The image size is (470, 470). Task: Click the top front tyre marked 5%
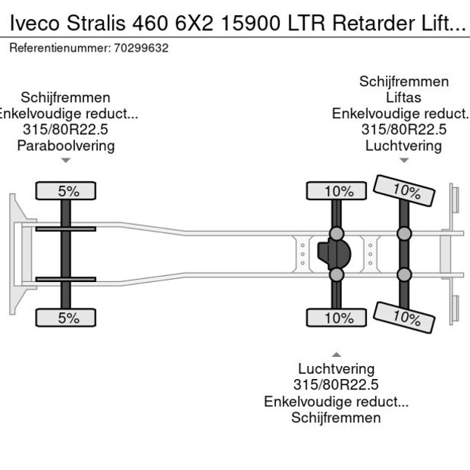point(68,191)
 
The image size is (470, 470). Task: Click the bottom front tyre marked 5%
point(68,318)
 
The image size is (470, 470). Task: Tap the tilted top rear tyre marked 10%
point(406,191)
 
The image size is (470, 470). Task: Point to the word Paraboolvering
point(66,146)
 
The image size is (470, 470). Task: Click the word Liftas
point(403,98)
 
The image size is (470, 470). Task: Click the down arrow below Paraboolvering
point(66,160)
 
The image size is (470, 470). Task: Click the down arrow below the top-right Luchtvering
point(404,160)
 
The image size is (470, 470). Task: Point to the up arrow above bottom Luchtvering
point(336,355)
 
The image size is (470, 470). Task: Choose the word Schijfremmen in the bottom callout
point(336,418)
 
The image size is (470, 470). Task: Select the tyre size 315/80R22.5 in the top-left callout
point(66,130)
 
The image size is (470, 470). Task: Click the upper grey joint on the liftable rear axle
point(406,233)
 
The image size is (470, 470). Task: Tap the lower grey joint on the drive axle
point(336,274)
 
